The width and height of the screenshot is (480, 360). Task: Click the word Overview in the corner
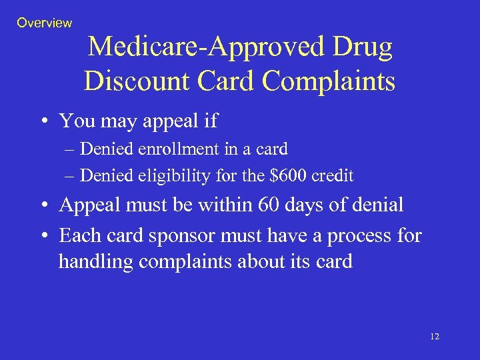44,23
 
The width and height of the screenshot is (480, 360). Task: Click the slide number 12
435,337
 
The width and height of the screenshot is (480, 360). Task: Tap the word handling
96,262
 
